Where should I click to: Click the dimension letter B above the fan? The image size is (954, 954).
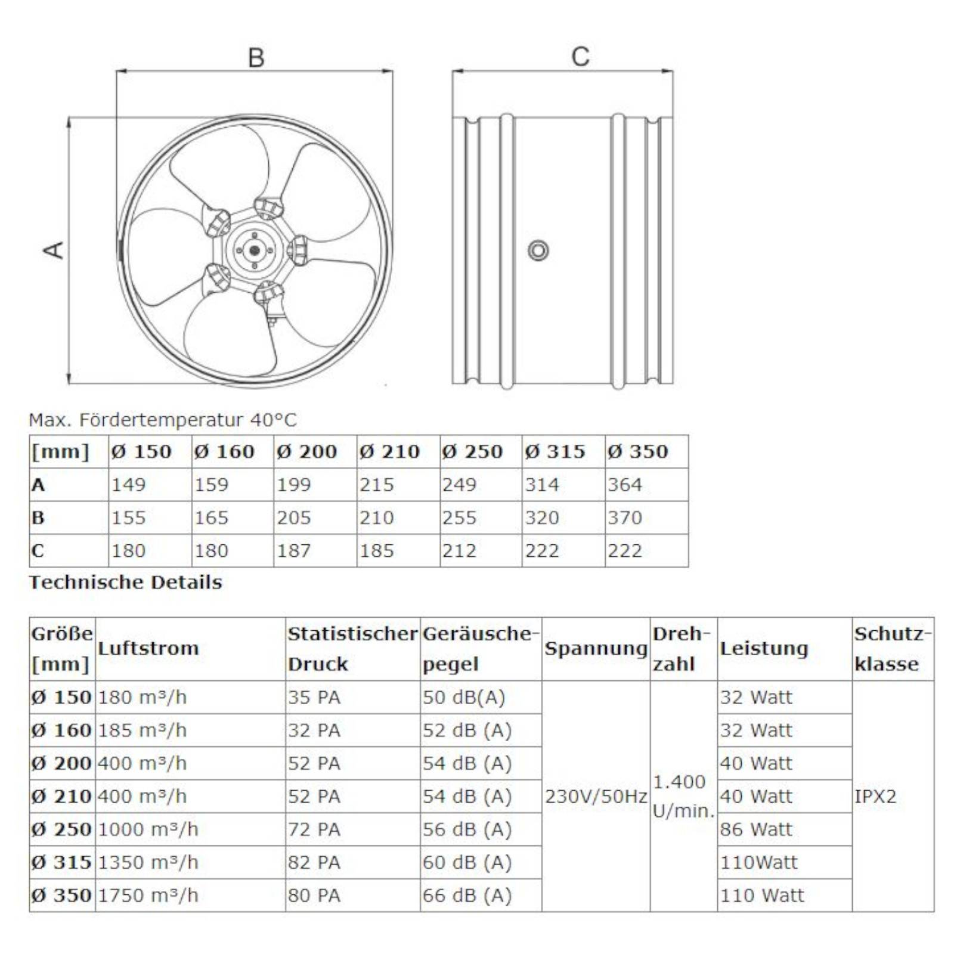(x=256, y=58)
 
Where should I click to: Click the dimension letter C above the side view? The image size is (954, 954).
(x=580, y=57)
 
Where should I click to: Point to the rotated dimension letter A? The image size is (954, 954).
(x=54, y=250)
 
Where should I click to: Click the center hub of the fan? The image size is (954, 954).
(x=255, y=250)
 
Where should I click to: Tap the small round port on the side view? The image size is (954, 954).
(x=538, y=250)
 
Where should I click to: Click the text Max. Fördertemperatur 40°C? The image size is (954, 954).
(x=162, y=420)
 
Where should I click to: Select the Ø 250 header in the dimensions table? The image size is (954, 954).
(x=472, y=451)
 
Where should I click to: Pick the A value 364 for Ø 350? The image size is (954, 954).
(x=624, y=484)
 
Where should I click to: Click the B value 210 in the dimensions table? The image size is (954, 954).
(x=376, y=518)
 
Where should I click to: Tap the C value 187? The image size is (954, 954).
(x=293, y=550)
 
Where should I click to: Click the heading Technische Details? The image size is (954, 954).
(x=125, y=582)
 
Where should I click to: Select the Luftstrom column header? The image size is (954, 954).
(x=148, y=648)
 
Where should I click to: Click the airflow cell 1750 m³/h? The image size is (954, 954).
(x=148, y=895)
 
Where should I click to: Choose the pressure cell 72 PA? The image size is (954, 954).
(x=314, y=829)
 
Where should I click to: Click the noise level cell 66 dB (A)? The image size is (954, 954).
(x=467, y=895)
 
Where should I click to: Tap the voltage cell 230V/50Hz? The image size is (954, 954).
(x=596, y=796)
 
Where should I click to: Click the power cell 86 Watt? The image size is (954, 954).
(x=756, y=829)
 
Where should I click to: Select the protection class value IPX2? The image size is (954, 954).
(x=875, y=796)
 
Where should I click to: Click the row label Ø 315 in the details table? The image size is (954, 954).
(x=61, y=862)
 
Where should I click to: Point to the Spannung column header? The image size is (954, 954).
(x=596, y=648)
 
